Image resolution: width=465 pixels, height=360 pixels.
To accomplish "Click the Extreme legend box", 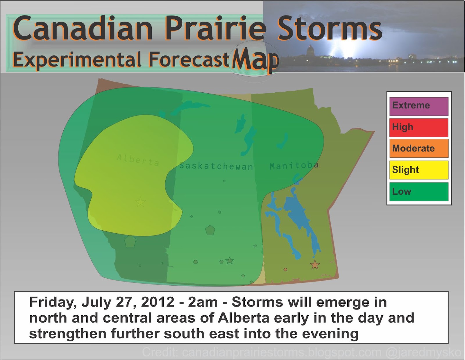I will click(419, 106).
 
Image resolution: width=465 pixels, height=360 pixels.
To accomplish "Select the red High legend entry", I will click(419, 128).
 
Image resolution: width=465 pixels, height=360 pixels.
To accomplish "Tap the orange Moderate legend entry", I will click(419, 148).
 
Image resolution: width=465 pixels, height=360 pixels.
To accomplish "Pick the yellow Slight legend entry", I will click(419, 170).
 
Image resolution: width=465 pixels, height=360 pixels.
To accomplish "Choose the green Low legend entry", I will click(419, 191).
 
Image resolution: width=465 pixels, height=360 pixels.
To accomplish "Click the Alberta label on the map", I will click(138, 160).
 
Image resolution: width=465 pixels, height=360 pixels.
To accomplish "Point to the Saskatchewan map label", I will click(216, 166).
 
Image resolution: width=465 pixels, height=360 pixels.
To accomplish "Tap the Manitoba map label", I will click(294, 166).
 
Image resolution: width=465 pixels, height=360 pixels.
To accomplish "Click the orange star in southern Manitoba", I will click(315, 265).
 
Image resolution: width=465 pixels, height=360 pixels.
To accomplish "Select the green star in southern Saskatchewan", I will click(230, 260).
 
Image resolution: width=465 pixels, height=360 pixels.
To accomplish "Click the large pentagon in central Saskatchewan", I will click(210, 230).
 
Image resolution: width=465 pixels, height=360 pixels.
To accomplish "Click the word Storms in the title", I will click(330, 28).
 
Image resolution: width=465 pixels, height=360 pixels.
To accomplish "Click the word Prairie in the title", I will click(215, 28).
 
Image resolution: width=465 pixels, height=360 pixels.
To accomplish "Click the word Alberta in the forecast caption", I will click(244, 318).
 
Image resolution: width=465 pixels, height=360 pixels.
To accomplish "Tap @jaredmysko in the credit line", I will click(423, 352).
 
